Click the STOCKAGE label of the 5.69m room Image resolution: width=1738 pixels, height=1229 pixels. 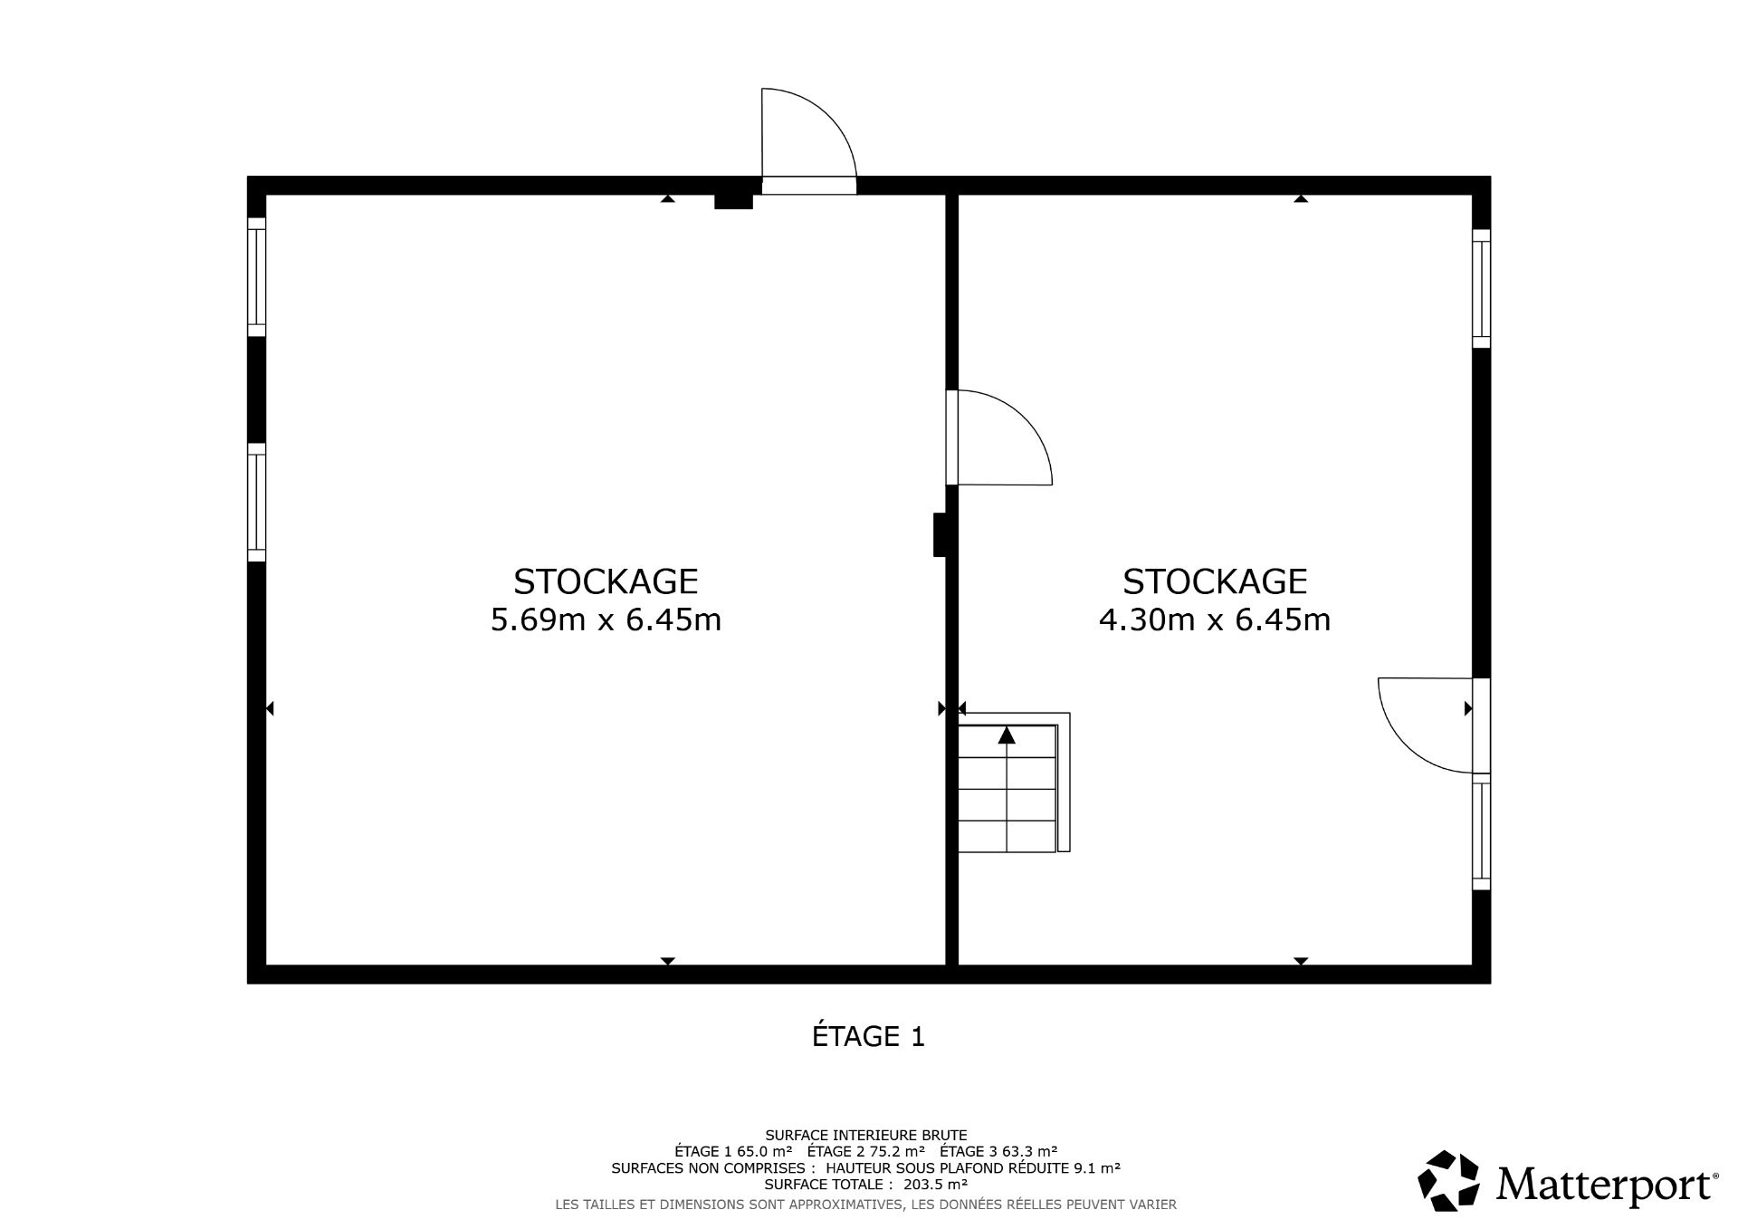click(606, 581)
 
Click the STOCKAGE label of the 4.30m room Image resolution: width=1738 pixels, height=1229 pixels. click(1215, 581)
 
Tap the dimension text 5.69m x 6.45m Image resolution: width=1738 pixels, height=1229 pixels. click(606, 620)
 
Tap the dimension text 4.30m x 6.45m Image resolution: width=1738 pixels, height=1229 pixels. click(1215, 620)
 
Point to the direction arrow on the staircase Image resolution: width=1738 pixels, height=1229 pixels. click(1007, 735)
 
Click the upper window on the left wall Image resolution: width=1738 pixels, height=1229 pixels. click(257, 277)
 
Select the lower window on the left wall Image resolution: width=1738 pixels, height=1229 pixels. click(257, 503)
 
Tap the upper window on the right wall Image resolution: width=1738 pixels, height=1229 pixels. click(1481, 288)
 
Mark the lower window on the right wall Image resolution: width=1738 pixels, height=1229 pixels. click(1481, 831)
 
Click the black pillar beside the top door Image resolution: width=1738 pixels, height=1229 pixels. click(733, 202)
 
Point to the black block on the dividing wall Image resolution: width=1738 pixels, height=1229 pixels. click(940, 534)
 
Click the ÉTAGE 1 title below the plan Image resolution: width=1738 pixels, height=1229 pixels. click(868, 1036)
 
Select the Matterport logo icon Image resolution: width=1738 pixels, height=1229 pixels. click(1449, 1181)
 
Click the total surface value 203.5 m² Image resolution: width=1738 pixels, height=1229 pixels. click(936, 1184)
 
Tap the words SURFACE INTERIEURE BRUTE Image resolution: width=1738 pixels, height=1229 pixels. click(866, 1135)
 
